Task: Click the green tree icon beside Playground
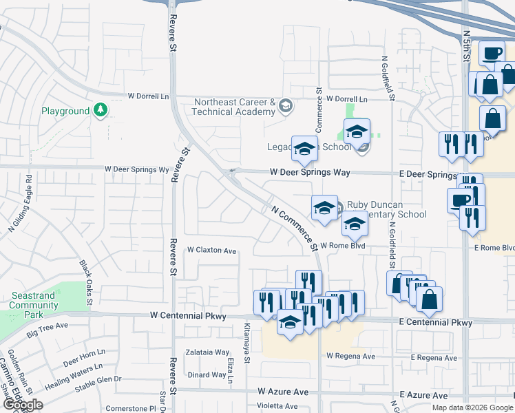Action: click(101, 110)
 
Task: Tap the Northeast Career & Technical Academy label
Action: click(234, 106)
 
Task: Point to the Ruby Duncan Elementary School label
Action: click(386, 209)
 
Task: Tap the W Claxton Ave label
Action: click(211, 250)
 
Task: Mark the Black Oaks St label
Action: click(86, 275)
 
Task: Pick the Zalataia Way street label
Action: click(207, 351)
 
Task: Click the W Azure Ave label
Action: click(283, 391)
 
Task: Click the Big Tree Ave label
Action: click(48, 330)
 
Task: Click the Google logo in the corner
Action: click(23, 405)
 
